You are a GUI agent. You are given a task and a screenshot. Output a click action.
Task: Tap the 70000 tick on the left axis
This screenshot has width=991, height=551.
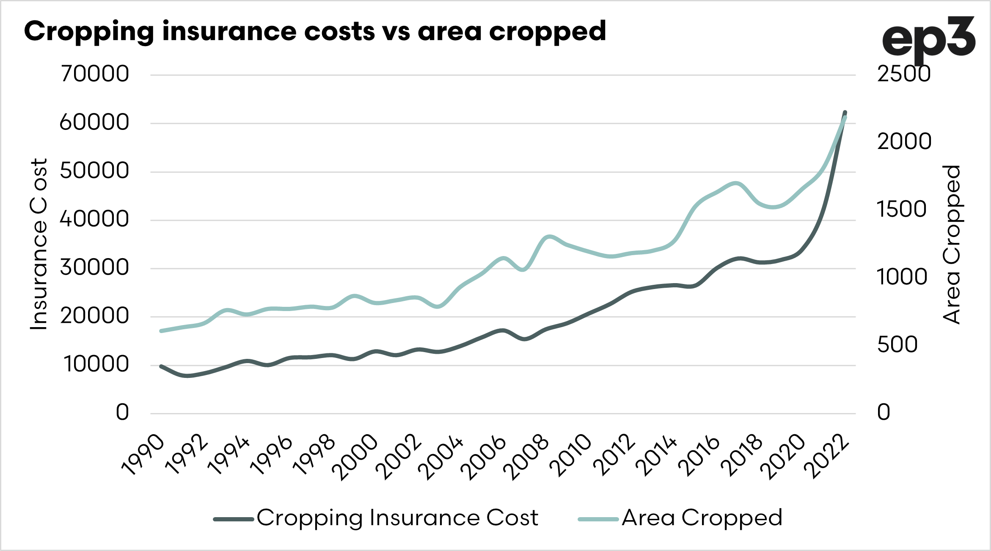[x=95, y=74]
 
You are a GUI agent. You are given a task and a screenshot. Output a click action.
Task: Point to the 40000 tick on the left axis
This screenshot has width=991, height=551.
[x=94, y=219]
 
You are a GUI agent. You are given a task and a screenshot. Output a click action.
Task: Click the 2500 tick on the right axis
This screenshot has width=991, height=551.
[x=904, y=74]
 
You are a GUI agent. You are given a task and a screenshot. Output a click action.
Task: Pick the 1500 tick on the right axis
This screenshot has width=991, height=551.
[x=902, y=209]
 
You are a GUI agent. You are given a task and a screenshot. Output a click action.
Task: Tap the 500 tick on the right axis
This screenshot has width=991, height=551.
[x=897, y=344]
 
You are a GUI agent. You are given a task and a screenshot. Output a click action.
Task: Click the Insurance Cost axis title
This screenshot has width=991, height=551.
[x=39, y=244]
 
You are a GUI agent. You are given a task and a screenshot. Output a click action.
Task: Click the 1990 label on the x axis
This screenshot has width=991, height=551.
[x=143, y=455]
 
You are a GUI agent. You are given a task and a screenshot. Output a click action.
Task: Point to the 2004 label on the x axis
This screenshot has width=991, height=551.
[x=441, y=457]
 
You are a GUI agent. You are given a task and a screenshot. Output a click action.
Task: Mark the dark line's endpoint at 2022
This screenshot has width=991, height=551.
[x=845, y=112]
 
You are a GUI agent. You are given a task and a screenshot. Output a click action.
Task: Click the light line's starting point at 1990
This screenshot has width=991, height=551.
[x=161, y=331]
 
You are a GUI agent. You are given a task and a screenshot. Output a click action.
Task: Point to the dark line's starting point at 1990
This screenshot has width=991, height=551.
[x=161, y=366]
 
